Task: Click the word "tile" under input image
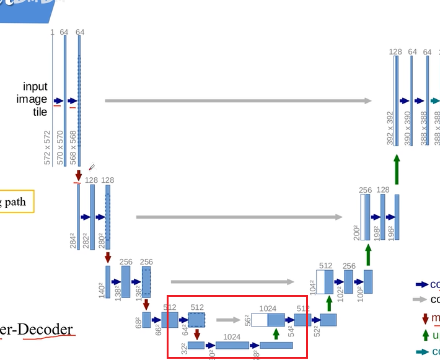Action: tap(40, 113)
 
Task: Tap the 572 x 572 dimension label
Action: tap(48, 147)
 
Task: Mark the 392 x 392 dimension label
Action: tap(390, 129)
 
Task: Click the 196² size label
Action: tap(390, 232)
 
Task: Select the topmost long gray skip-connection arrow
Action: tap(239, 100)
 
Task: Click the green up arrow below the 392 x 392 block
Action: tap(397, 169)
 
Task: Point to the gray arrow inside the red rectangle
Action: tap(228, 320)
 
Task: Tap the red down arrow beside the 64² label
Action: tap(196, 335)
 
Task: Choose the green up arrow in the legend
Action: tap(425, 335)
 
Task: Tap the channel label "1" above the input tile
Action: tap(53, 32)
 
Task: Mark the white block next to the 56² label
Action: tap(259, 320)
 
